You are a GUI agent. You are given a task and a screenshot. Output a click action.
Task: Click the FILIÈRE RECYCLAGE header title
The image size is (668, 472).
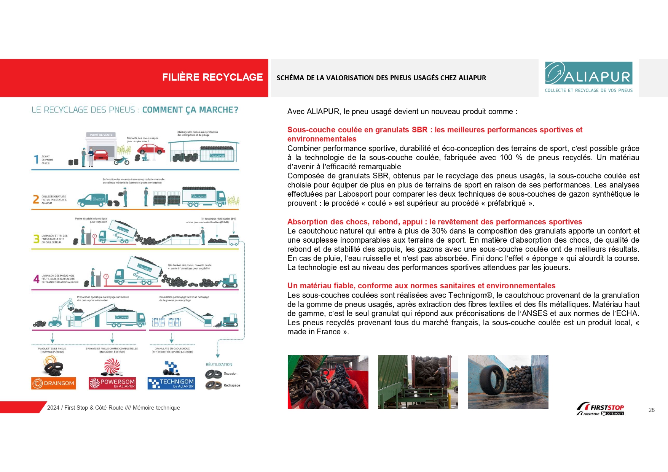click(x=212, y=77)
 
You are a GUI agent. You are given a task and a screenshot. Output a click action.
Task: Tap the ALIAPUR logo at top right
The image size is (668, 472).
click(x=588, y=77)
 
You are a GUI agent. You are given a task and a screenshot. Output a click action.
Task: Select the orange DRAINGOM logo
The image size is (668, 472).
click(x=54, y=383)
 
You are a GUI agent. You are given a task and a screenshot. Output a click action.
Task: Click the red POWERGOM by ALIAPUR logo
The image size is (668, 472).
click(x=112, y=383)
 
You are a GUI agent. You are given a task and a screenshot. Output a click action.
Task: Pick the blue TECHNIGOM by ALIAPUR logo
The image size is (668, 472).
click(x=171, y=383)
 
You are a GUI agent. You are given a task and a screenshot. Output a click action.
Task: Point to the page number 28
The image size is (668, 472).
click(x=651, y=410)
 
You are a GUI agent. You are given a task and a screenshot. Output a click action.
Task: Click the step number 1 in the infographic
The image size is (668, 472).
click(x=36, y=159)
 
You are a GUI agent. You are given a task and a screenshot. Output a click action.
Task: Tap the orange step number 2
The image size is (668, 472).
click(x=36, y=199)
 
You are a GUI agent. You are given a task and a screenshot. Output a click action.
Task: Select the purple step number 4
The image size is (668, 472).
click(x=36, y=279)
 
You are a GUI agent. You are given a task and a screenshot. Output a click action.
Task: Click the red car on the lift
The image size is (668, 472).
click(x=151, y=148)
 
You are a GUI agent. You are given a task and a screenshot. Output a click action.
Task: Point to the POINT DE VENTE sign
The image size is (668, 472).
click(x=101, y=135)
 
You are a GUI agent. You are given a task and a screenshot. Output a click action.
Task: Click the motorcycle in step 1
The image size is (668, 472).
click(x=122, y=161)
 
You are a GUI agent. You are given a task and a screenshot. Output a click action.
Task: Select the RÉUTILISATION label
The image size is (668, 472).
click(x=219, y=364)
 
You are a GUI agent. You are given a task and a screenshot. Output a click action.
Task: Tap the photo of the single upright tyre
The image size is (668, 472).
click(x=508, y=382)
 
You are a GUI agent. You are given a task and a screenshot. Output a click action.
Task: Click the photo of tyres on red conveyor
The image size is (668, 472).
click(x=328, y=382)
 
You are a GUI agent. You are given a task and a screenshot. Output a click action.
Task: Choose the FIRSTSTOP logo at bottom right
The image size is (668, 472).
click(x=601, y=409)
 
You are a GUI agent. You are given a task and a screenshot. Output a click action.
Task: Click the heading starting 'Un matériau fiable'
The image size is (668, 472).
click(x=421, y=286)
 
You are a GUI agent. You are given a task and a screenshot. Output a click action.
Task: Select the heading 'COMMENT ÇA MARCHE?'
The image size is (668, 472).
click(x=190, y=110)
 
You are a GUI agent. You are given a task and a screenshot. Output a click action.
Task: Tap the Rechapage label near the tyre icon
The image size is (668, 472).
click(x=232, y=385)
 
